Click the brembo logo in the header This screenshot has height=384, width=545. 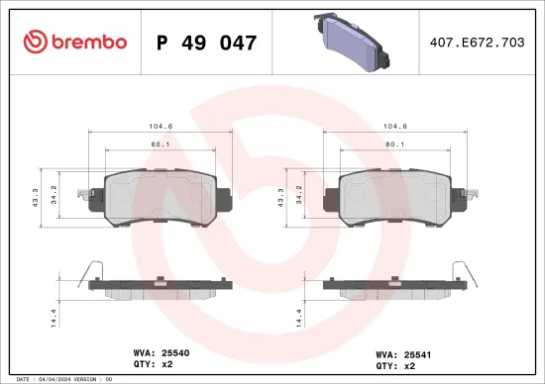pos(74,42)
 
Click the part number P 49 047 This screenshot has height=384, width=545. pos(207,43)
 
